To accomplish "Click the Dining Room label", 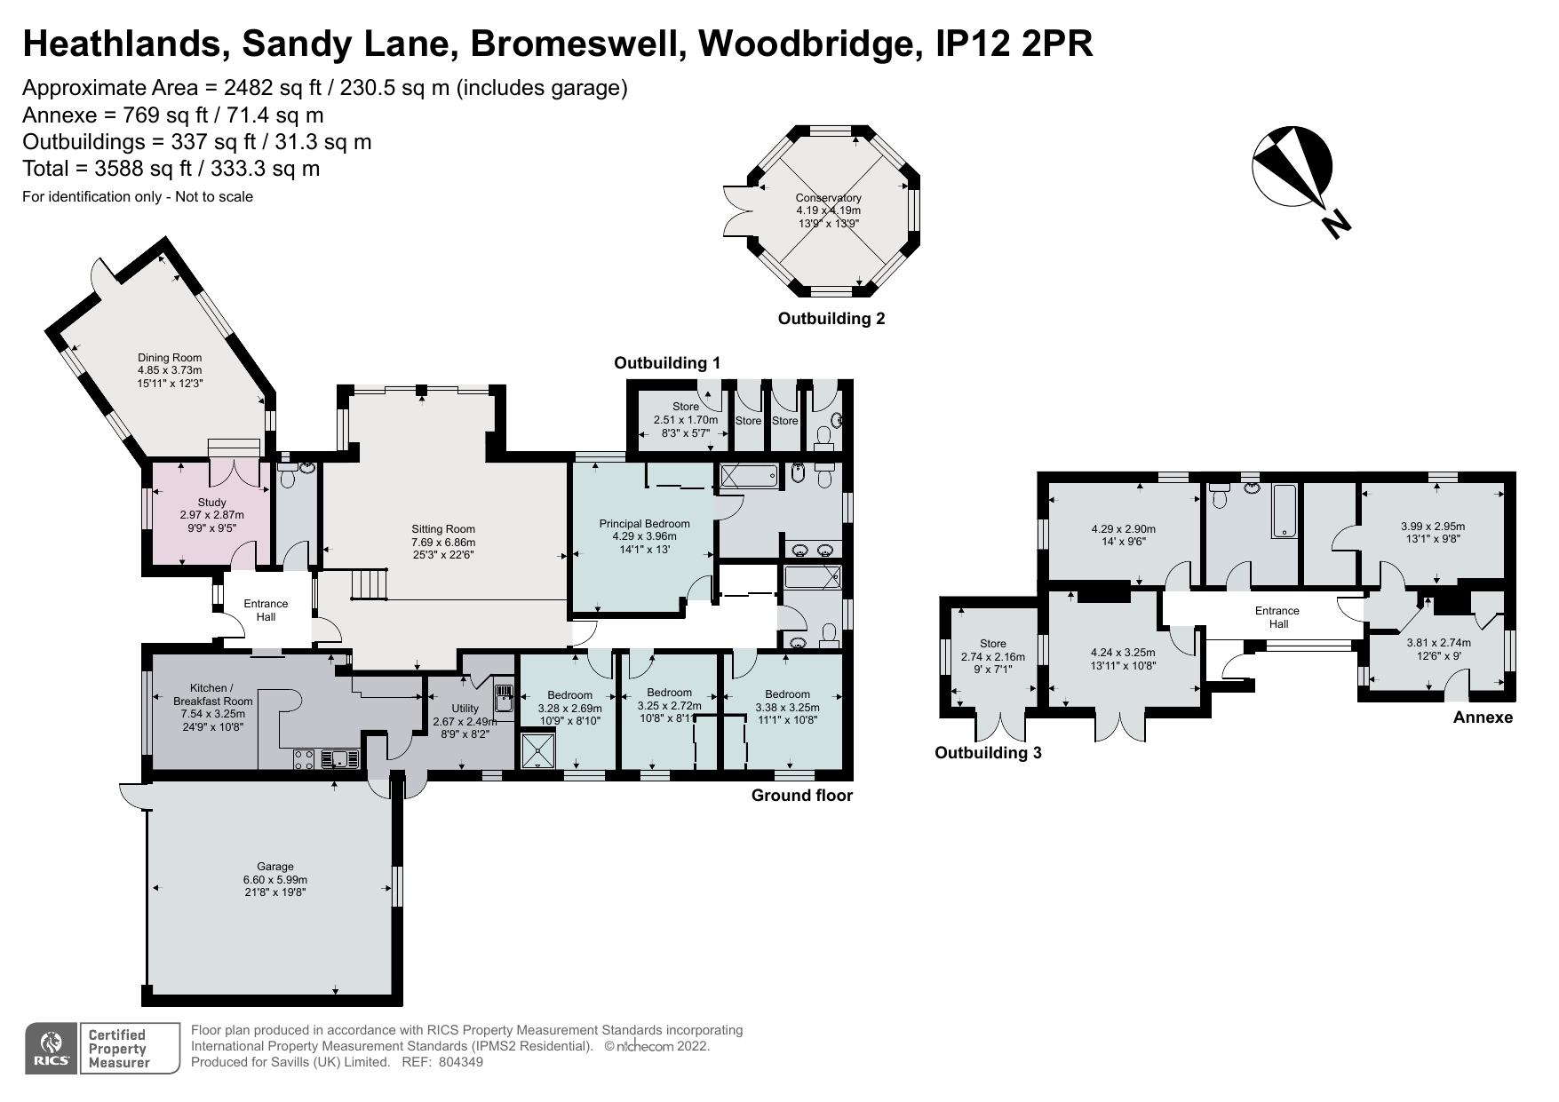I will [169, 358].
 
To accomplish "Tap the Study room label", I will [211, 503].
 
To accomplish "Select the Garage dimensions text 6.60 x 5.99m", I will [274, 880].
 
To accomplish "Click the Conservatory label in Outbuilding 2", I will [828, 198].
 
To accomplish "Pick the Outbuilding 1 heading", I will [667, 362].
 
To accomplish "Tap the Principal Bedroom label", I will [644, 524].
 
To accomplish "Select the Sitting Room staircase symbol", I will [370, 584].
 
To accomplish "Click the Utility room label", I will [465, 708].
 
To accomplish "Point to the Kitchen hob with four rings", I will [304, 759].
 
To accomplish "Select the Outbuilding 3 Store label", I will [992, 644].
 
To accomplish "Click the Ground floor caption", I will [801, 796].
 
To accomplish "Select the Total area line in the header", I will [171, 169].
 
